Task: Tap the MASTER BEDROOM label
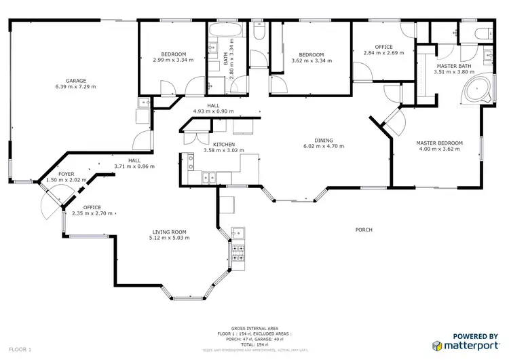click(439, 143)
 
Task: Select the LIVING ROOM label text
click(169, 232)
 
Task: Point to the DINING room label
click(323, 140)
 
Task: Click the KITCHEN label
click(224, 145)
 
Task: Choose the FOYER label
click(66, 175)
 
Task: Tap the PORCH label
click(364, 230)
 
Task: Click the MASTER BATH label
click(451, 66)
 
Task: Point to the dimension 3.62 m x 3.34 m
click(312, 60)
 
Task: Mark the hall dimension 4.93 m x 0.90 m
click(213, 111)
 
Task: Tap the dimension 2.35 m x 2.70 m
click(92, 213)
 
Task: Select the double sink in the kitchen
click(190, 163)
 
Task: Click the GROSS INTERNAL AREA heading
click(254, 327)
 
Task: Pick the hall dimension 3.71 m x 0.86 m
click(134, 166)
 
